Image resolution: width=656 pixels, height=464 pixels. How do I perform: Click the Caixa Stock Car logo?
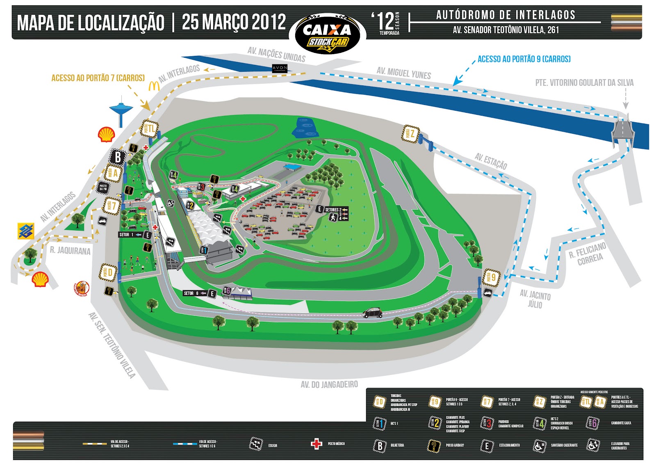tap(327, 34)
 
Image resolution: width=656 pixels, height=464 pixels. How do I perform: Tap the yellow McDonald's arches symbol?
tap(154, 86)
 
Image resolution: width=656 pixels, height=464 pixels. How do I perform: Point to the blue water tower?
tap(121, 111)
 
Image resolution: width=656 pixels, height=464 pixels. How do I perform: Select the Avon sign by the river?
tap(280, 68)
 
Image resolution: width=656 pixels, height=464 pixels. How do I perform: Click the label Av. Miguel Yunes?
tap(404, 73)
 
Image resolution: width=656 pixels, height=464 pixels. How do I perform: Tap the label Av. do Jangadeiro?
tap(329, 384)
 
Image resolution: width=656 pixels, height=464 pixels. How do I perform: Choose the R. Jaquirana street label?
tap(70, 250)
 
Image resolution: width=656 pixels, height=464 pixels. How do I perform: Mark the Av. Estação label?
tap(491, 161)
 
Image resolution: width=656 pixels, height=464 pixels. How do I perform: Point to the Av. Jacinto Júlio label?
tap(535, 299)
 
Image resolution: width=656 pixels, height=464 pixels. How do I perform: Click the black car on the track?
tap(372, 313)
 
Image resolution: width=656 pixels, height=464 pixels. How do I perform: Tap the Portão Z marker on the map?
tap(410, 134)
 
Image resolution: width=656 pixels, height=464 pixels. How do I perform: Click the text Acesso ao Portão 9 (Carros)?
tap(524, 59)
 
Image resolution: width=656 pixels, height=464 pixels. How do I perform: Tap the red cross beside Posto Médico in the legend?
tap(316, 444)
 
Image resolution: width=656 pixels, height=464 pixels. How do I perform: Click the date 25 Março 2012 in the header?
tap(234, 22)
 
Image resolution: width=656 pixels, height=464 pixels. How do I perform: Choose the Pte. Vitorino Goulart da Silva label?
tap(584, 82)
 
